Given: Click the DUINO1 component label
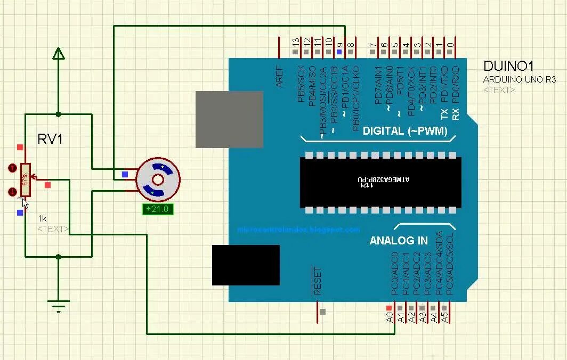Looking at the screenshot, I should point(508,66).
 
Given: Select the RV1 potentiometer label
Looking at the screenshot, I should point(50,140).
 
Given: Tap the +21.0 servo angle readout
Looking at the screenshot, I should point(158,209).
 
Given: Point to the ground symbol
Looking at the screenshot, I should point(58,305).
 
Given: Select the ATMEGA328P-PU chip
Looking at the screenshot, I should point(380,182).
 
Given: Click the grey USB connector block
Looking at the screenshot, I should point(229,119).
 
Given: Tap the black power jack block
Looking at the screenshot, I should point(246,265).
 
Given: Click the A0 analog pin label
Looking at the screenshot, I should point(390,317).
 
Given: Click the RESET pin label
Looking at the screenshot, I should point(318,281).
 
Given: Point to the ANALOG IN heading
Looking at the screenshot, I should point(399,241).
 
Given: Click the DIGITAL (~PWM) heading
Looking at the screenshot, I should point(405,131).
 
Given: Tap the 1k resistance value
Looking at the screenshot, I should point(43,218).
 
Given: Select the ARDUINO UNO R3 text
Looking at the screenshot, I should point(520,79).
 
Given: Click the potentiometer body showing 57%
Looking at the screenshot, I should point(25,179).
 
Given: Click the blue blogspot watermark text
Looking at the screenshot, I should point(298,230).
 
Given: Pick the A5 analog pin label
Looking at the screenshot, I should point(445,317).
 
